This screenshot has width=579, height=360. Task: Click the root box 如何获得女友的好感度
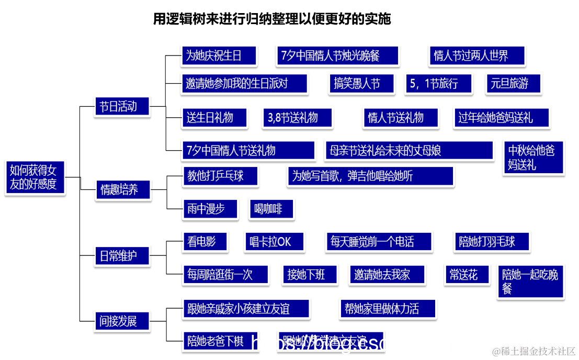tap(35, 177)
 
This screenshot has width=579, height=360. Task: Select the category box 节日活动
tap(122, 107)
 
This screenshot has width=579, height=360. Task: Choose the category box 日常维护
tap(122, 256)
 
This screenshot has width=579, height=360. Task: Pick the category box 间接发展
tap(122, 321)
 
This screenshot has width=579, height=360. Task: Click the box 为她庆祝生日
tap(219, 55)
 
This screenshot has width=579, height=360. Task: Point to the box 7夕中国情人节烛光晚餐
tap(337, 55)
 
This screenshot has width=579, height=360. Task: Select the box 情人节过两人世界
tap(476, 55)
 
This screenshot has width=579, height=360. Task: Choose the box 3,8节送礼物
tap(297, 118)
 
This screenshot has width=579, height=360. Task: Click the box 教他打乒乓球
tap(220, 176)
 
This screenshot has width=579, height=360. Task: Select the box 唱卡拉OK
tap(274, 241)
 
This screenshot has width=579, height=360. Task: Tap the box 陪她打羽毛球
tap(491, 241)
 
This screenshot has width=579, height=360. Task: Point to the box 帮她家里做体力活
tap(388, 309)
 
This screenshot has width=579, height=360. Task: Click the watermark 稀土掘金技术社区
tap(533, 351)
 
